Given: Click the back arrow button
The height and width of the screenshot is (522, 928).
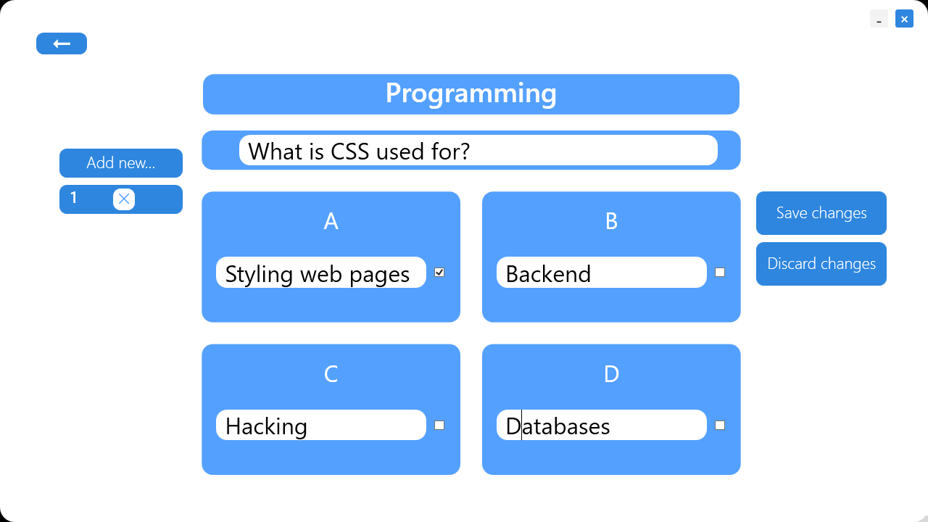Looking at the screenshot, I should (x=62, y=43).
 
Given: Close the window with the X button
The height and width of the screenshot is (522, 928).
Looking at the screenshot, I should (x=904, y=19).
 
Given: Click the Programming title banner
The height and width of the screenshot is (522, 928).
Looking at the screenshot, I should (x=471, y=94).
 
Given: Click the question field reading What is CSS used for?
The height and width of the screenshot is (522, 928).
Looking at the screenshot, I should (x=478, y=151).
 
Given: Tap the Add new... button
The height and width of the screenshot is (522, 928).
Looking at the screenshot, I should (x=121, y=163).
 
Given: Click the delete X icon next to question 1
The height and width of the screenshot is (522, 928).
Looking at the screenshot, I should (x=124, y=199).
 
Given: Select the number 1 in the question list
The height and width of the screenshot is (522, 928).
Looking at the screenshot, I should (x=73, y=199).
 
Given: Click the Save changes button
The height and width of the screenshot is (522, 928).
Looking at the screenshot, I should (x=821, y=213).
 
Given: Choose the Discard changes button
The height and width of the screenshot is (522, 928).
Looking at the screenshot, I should (x=821, y=264).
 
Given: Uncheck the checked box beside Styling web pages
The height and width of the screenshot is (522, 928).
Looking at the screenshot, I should (x=439, y=273).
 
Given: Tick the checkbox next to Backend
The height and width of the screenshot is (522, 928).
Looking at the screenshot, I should (x=720, y=273).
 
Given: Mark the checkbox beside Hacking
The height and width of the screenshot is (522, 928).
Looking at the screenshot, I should (x=439, y=426).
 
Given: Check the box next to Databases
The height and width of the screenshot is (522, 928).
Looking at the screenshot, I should (x=720, y=426).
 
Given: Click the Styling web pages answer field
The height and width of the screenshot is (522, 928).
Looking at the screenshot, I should (x=320, y=273).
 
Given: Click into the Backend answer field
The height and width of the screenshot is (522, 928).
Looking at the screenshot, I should (x=601, y=273).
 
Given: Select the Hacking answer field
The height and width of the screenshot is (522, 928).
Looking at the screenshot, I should (x=320, y=426).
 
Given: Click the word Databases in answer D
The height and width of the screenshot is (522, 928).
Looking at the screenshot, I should (x=558, y=426).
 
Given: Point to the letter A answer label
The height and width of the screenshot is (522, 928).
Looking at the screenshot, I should (x=331, y=221).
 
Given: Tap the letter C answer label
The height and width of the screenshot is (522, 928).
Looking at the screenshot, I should (x=331, y=374).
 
